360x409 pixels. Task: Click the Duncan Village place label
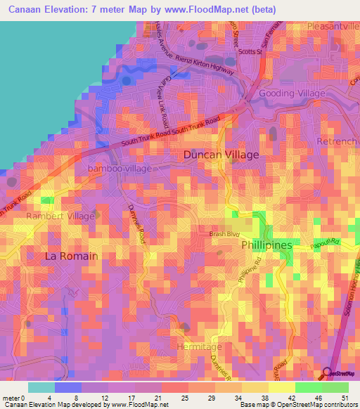pos(221,154)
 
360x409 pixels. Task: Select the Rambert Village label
pos(60,216)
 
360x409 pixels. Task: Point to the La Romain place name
pos(71,256)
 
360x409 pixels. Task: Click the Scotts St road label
pos(250,52)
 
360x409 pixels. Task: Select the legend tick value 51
pos(345,397)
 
